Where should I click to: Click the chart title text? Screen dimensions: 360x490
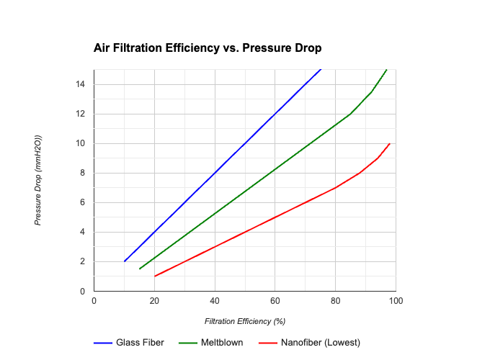(x=208, y=48)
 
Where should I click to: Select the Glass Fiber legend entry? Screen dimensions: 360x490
(x=140, y=342)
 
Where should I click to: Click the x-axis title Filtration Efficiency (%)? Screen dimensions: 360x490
(x=245, y=321)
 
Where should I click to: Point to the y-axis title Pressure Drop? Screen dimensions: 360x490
(x=38, y=180)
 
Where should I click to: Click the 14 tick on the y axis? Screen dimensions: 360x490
(x=80, y=84)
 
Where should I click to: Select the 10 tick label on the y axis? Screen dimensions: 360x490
(x=80, y=143)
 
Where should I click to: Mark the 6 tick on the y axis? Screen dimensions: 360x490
(x=82, y=202)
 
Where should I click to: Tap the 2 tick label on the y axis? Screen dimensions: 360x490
(x=82, y=261)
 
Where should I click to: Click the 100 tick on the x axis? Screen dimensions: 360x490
(x=396, y=300)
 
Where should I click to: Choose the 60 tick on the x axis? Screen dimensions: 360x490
(x=275, y=300)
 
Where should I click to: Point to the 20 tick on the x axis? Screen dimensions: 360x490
(x=154, y=300)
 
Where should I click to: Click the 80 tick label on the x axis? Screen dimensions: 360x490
(x=335, y=300)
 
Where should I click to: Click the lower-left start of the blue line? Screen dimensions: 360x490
(x=124, y=261)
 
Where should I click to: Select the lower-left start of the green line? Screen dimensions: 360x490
(x=139, y=269)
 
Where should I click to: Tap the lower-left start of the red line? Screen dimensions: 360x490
(x=154, y=276)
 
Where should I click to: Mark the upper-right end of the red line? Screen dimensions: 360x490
(x=390, y=143)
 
